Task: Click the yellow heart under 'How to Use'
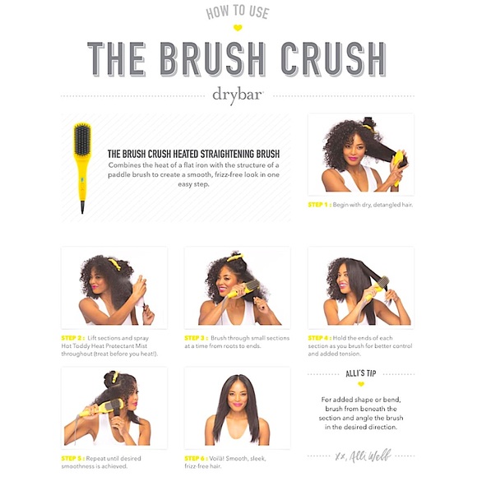click(x=238, y=28)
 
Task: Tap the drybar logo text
click(x=238, y=95)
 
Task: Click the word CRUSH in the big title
click(x=333, y=59)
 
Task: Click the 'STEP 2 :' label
click(x=73, y=338)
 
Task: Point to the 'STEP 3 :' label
click(x=197, y=338)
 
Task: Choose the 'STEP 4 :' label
click(x=320, y=338)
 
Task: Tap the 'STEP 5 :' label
click(x=73, y=458)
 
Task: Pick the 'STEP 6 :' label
click(x=197, y=458)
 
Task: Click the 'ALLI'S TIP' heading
click(x=361, y=373)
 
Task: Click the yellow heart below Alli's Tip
click(x=361, y=384)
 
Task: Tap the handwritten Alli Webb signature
click(x=363, y=456)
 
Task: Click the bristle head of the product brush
click(x=82, y=140)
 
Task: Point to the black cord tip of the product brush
click(x=82, y=207)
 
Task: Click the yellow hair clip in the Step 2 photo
click(x=114, y=263)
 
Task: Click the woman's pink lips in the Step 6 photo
click(x=238, y=405)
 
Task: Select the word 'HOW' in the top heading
click(x=217, y=13)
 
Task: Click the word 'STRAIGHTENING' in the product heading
click(x=227, y=154)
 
